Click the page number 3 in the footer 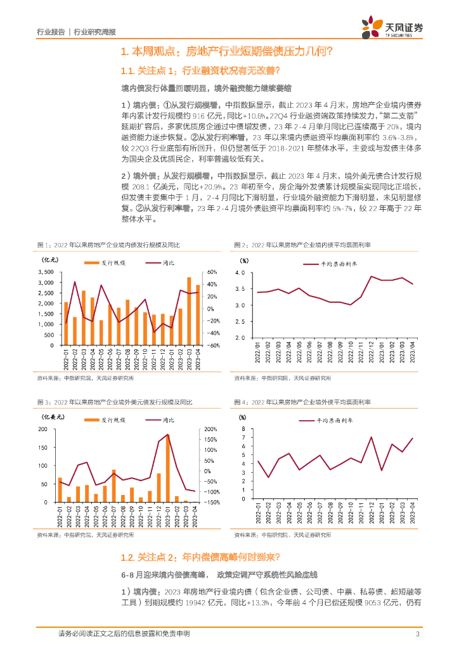[x=417, y=634]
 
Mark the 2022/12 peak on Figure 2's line [x=372, y=277]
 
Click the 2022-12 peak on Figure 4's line [x=371, y=437]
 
